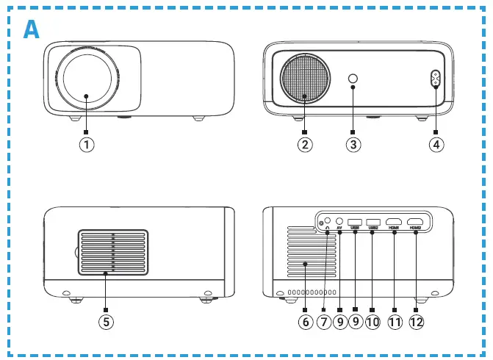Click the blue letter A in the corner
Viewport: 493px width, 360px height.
[32, 29]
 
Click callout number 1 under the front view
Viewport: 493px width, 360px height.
[87, 145]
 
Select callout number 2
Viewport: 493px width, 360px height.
[306, 145]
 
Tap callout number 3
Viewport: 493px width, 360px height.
[353, 145]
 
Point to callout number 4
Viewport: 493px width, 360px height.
[436, 145]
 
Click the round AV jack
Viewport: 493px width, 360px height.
[339, 220]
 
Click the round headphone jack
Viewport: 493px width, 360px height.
[328, 219]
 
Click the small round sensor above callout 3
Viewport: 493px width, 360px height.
[353, 79]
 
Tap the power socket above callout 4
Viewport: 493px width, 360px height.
[435, 79]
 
